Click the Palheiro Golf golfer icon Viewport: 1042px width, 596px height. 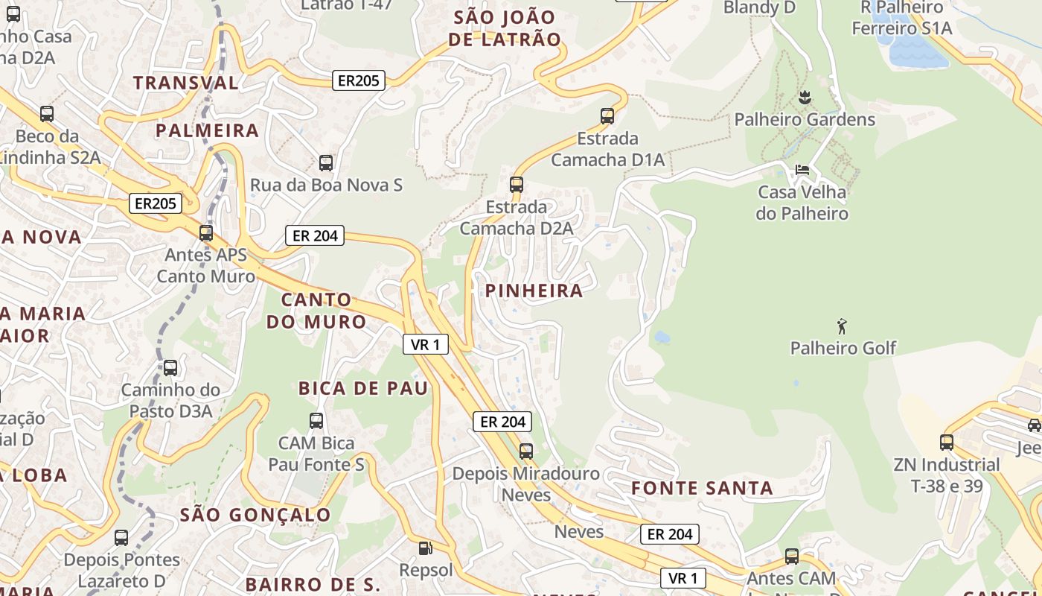pos(842,326)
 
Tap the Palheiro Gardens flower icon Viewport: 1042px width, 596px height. pos(804,97)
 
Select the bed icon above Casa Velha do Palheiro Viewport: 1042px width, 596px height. pos(802,170)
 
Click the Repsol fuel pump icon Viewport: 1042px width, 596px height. pos(425,548)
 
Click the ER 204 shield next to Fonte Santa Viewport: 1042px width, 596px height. pos(669,534)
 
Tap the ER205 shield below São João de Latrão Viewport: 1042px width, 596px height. pos(359,80)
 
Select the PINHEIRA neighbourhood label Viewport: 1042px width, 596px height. pos(534,291)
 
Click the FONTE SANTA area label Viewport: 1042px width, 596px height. pos(702,489)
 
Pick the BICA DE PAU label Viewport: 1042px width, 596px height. pos(363,388)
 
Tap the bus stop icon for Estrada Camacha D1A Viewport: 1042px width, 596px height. pos(607,116)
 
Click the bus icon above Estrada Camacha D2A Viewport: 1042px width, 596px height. pos(517,184)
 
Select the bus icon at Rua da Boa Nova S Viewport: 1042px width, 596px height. pos(325,162)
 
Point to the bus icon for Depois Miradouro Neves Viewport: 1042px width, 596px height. pos(526,451)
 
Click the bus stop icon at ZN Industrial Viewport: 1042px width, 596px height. pos(947,443)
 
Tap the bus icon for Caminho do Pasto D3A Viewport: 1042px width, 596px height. pos(170,367)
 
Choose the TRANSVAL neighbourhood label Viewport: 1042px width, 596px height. pos(186,83)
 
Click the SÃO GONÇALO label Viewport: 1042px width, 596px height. pos(255,515)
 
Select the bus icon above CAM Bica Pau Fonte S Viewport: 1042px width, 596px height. pos(316,420)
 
